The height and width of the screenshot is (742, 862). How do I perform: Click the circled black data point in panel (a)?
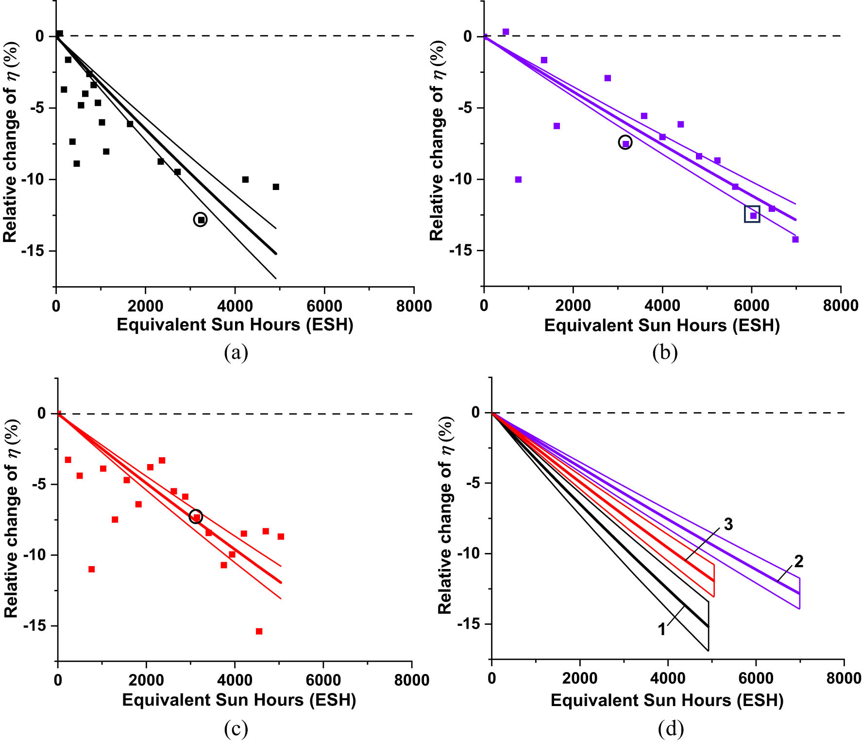click(200, 220)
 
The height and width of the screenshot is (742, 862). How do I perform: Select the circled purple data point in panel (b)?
click(625, 143)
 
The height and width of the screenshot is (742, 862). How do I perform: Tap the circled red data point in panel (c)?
click(196, 517)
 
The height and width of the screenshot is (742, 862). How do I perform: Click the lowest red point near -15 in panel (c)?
click(259, 631)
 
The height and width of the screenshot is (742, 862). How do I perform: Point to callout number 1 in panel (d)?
click(662, 629)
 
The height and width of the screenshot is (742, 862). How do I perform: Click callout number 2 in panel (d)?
click(799, 561)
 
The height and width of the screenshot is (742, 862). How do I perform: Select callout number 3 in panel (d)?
click(728, 524)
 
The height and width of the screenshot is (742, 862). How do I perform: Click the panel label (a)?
click(236, 352)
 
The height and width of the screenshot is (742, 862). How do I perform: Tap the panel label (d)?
click(671, 728)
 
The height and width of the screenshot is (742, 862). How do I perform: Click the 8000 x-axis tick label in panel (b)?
click(841, 306)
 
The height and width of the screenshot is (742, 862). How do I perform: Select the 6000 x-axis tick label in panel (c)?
click(323, 680)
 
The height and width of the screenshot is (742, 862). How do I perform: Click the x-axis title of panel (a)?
click(235, 325)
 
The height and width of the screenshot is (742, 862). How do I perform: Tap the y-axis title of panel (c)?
click(12, 518)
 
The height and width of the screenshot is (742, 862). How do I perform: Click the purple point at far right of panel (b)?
click(795, 239)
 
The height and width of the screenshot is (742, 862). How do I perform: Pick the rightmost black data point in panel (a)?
click(276, 187)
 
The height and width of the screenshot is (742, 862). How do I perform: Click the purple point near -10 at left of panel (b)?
click(518, 179)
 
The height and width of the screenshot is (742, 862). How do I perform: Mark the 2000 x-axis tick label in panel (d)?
click(580, 678)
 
